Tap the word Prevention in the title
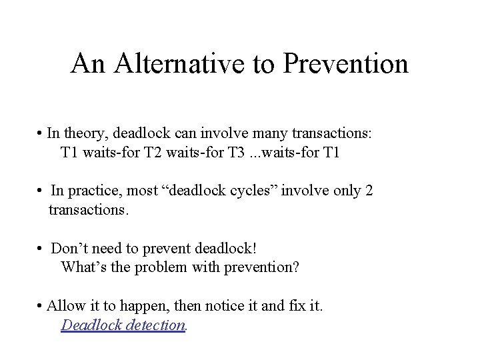point(345,64)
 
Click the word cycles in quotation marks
point(253,191)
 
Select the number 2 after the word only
point(369,191)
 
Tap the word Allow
point(66,306)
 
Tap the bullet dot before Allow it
point(41,307)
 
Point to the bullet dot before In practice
point(41,192)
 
